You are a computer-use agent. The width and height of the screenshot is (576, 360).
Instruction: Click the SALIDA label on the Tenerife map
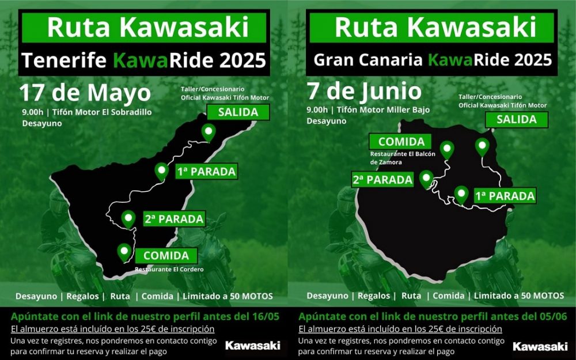237,112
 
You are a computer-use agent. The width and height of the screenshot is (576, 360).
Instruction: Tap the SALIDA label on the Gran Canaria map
516,119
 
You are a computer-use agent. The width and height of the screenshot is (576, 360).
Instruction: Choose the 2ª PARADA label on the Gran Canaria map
382,180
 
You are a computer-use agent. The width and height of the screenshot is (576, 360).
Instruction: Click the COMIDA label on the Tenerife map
166,255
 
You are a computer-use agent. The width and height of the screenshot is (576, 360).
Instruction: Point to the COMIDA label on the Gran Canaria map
401,142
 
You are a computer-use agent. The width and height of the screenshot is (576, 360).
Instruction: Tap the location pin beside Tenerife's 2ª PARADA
128,218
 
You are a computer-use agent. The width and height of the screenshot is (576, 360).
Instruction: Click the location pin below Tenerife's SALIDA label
208,133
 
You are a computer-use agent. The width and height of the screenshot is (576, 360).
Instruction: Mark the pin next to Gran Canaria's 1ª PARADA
461,194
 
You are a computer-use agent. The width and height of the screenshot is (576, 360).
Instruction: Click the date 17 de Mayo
85,93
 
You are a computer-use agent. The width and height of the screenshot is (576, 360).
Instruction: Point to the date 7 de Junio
364,91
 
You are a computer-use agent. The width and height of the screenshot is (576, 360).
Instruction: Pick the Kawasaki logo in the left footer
252,346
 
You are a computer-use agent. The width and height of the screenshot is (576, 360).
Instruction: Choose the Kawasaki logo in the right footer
540,346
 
